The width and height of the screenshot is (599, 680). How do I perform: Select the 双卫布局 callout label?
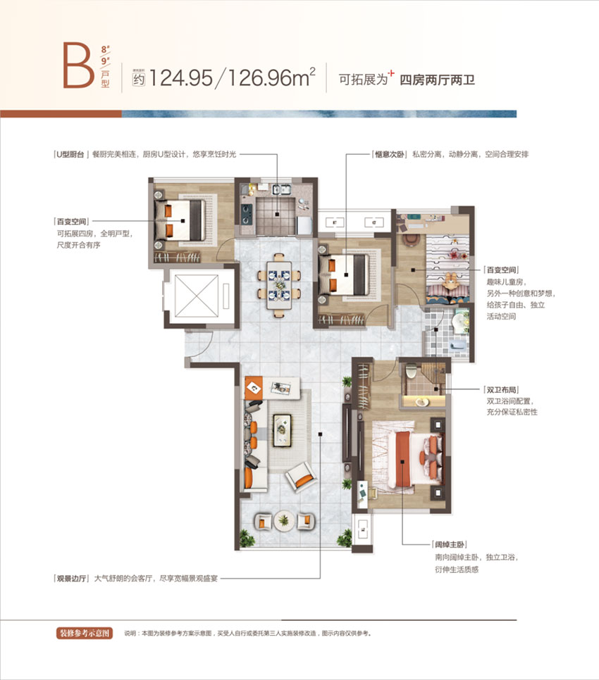pyautogui.click(x=502, y=389)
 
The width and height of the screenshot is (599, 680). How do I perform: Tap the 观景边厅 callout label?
pyautogui.click(x=71, y=579)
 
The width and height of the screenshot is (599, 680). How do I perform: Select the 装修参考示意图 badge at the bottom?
pyautogui.click(x=85, y=633)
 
